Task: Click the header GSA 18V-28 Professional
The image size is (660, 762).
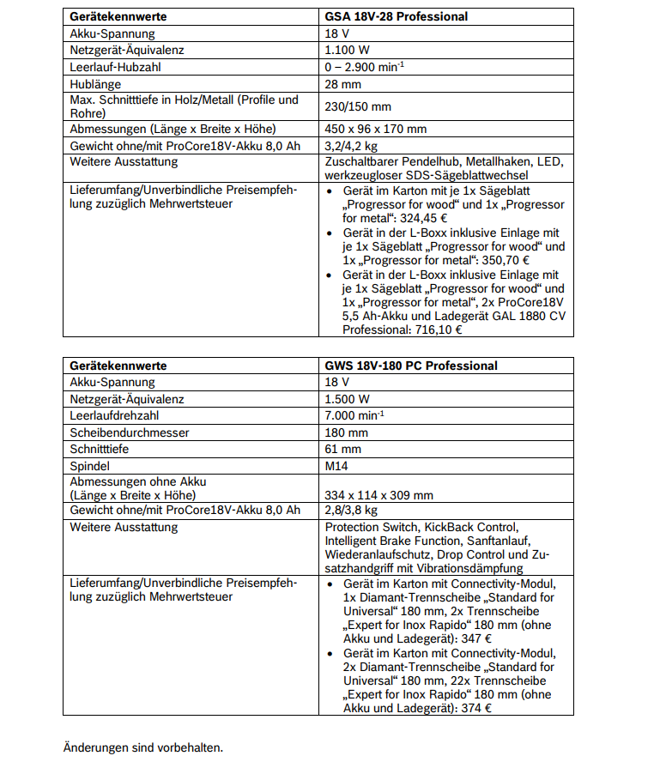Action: pyautogui.click(x=396, y=16)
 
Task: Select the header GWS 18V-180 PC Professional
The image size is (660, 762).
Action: pyautogui.click(x=411, y=366)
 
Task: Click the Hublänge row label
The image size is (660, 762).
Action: pyautogui.click(x=95, y=84)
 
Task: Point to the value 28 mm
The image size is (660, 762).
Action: pyautogui.click(x=342, y=84)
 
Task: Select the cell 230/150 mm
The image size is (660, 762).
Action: pyautogui.click(x=358, y=106)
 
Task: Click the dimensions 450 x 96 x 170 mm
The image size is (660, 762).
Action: pyautogui.click(x=375, y=129)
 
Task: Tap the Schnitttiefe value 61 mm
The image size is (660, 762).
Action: pyautogui.click(x=342, y=449)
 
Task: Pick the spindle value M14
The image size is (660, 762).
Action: pyautogui.click(x=336, y=466)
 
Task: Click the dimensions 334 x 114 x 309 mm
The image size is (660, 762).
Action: pyautogui.click(x=378, y=495)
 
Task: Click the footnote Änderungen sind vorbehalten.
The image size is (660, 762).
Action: pyautogui.click(x=143, y=747)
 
